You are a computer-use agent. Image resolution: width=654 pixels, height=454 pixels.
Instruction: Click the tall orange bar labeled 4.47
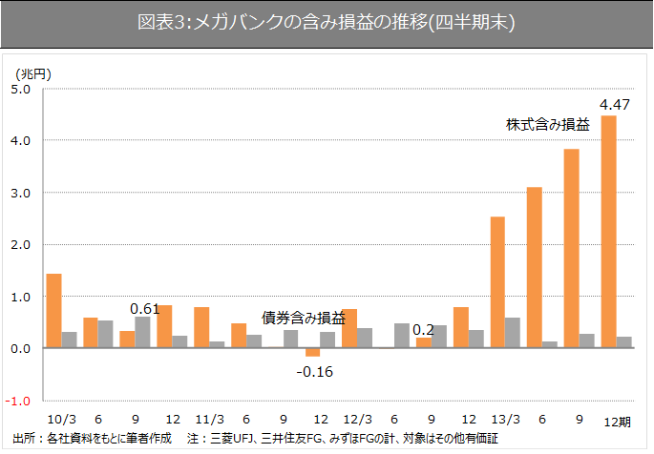608,232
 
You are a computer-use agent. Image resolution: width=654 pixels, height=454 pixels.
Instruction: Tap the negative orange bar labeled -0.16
313,353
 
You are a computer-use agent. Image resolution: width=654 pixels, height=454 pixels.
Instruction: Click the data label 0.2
423,330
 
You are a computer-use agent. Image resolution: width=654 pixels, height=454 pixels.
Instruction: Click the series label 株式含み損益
547,124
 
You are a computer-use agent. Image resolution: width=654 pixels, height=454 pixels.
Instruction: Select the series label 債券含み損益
304,318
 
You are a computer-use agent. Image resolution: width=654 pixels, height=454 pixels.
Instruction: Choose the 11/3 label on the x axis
209,420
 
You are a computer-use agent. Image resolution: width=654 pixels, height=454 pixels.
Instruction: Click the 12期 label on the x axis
617,421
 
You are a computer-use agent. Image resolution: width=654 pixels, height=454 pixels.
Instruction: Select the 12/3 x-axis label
357,420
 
